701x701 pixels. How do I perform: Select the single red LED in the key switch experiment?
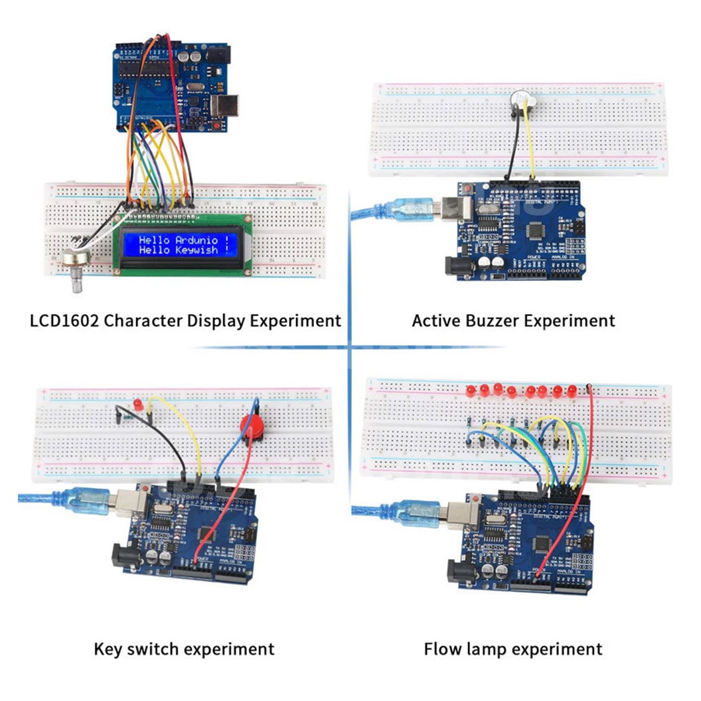(x=138, y=404)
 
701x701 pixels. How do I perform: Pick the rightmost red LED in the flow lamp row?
(x=572, y=390)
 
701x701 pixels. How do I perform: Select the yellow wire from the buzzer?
(x=531, y=146)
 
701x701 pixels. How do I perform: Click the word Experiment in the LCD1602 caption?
(x=296, y=321)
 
